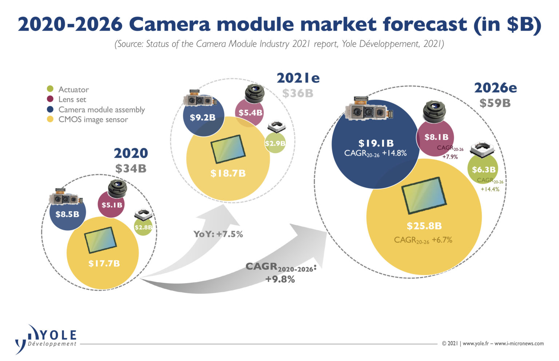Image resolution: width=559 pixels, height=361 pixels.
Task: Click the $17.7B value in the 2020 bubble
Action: (x=104, y=263)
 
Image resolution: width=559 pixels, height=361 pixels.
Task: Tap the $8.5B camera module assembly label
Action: (x=67, y=214)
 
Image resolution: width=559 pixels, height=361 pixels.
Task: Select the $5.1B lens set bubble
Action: (x=112, y=205)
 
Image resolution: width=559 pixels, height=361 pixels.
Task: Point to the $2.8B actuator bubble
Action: (x=143, y=228)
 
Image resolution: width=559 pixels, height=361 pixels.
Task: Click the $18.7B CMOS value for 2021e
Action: (x=228, y=173)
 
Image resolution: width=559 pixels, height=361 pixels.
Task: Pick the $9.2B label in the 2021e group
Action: (x=203, y=117)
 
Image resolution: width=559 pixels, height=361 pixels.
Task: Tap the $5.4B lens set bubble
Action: (x=250, y=113)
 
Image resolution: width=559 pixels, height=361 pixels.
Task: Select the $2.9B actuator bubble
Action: (x=275, y=143)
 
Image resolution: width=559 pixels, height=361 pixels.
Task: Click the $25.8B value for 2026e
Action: (x=424, y=226)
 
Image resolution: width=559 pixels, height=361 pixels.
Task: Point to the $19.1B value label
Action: (x=376, y=143)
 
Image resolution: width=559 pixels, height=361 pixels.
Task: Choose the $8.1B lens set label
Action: (x=436, y=137)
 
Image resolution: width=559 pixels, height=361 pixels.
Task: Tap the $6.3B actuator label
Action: (x=484, y=169)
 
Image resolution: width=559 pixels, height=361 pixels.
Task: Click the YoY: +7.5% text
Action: (x=218, y=234)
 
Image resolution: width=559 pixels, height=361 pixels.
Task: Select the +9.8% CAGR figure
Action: (x=280, y=279)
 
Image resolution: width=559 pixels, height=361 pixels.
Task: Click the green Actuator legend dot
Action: (x=50, y=89)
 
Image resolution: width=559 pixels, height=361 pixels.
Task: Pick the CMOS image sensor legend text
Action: (x=93, y=120)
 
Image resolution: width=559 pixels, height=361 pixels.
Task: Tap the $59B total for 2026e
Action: (x=495, y=103)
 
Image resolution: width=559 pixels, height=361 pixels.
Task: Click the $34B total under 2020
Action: (x=131, y=168)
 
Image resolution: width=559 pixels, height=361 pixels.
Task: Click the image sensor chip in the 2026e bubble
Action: (x=424, y=196)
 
